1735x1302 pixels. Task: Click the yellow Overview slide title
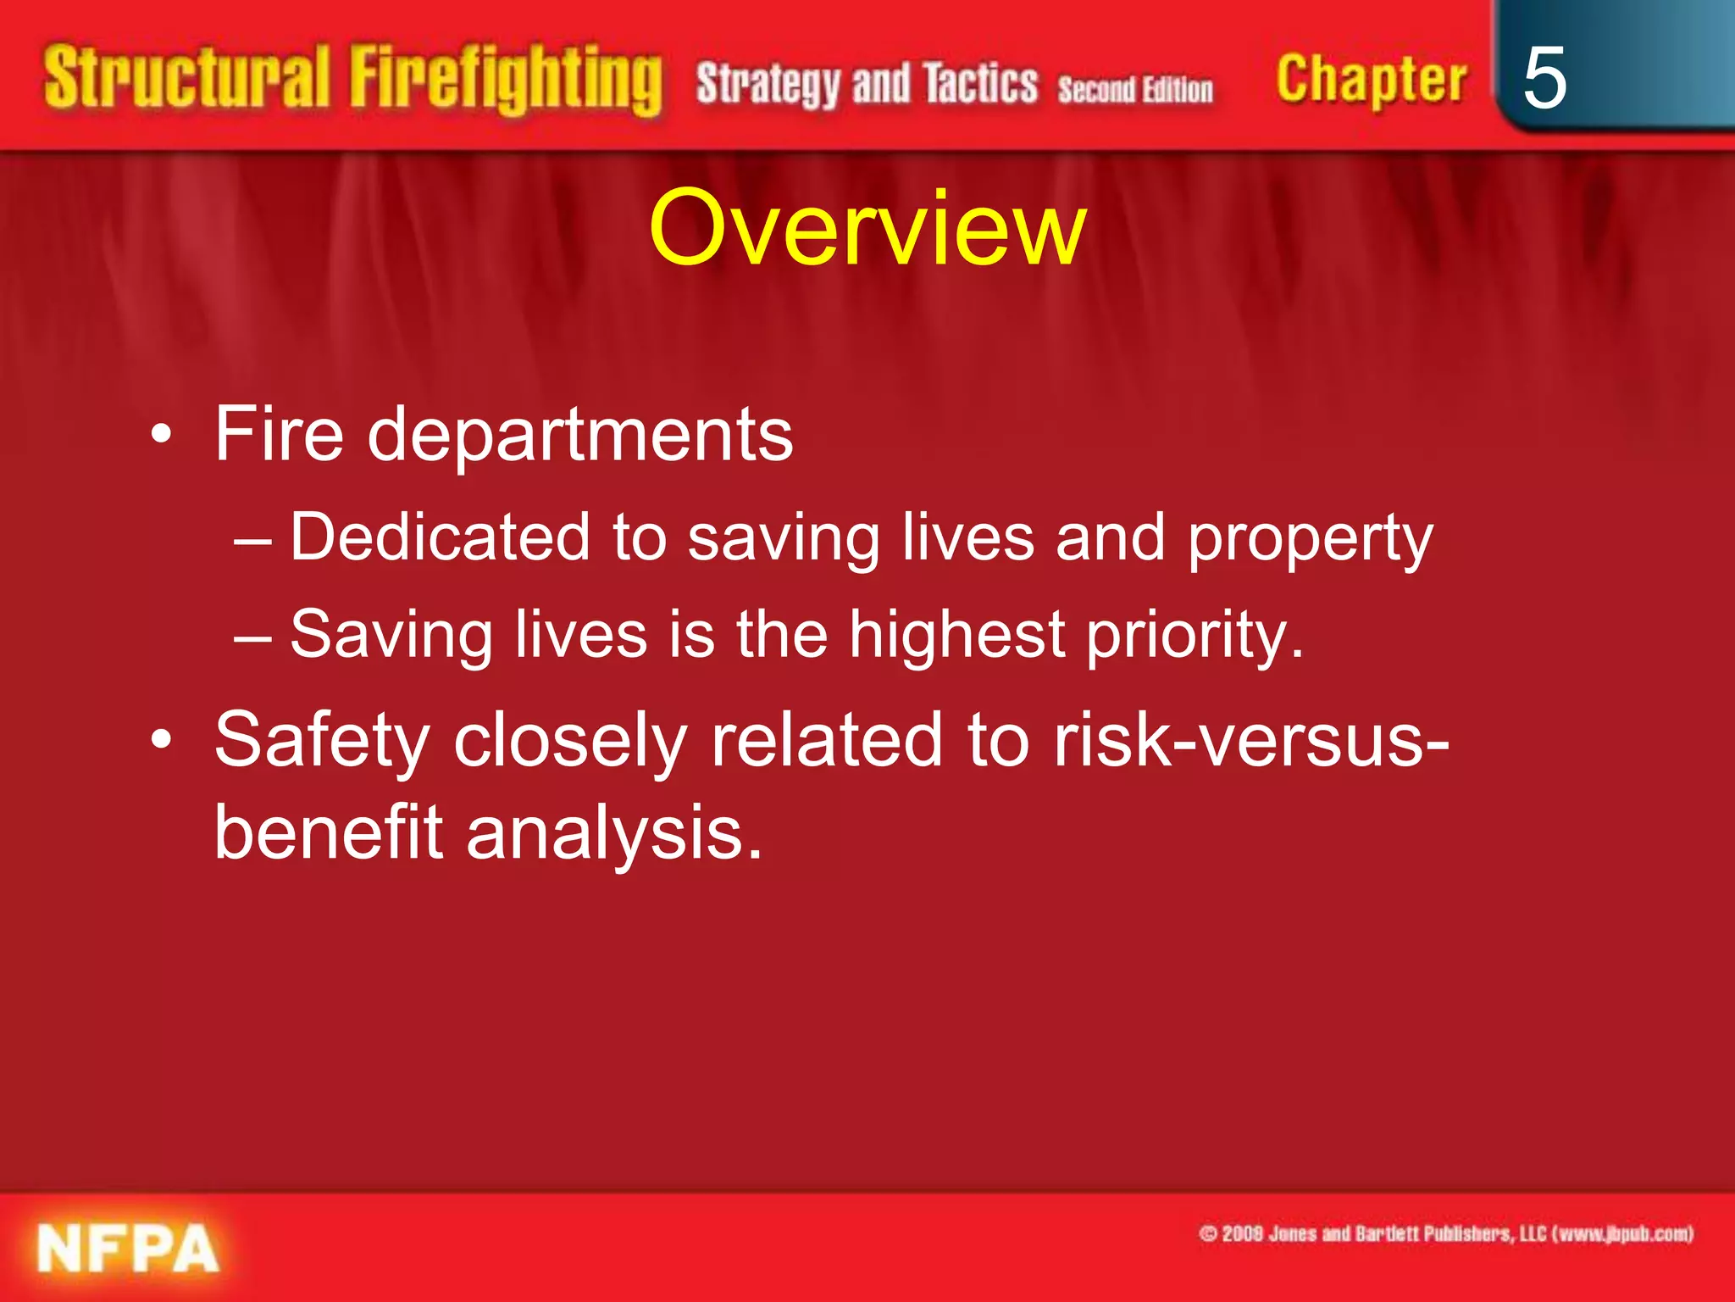pyautogui.click(x=867, y=228)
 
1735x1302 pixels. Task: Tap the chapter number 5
pyautogui.click(x=1544, y=78)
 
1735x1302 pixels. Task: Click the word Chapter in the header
pyautogui.click(x=1371, y=79)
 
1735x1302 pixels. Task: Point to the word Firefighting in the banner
pyautogui.click(x=506, y=81)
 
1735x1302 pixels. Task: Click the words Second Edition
pyautogui.click(x=1134, y=89)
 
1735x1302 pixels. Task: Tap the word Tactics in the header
pyautogui.click(x=980, y=84)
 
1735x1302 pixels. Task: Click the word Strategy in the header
pyautogui.click(x=768, y=86)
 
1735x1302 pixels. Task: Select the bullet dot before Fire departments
pyautogui.click(x=161, y=436)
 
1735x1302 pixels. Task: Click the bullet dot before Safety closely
pyautogui.click(x=161, y=740)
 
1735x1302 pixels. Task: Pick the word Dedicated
pyautogui.click(x=440, y=537)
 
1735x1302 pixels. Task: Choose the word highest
pyautogui.click(x=956, y=636)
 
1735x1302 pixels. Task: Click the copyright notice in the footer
pyautogui.click(x=1445, y=1233)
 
